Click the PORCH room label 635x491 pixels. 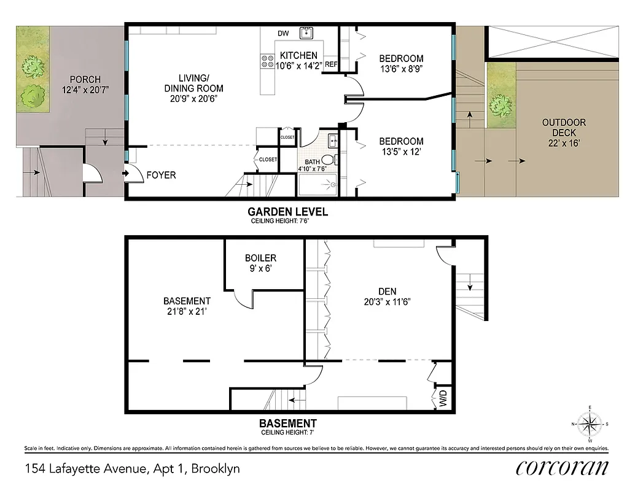(x=85, y=79)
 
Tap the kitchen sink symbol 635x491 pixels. (x=306, y=33)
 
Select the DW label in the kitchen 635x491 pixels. (x=283, y=33)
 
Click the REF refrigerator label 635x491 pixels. (x=330, y=64)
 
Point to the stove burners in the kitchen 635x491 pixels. (x=268, y=61)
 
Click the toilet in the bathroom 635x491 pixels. (x=328, y=161)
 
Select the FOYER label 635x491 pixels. (x=161, y=175)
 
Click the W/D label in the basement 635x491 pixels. (x=442, y=401)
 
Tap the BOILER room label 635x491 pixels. (x=260, y=258)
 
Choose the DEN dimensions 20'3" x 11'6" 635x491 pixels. (x=387, y=301)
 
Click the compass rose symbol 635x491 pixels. (x=590, y=423)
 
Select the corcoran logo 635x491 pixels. (x=562, y=468)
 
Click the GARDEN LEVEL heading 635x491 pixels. (x=287, y=212)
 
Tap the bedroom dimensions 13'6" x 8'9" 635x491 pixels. (x=401, y=69)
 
